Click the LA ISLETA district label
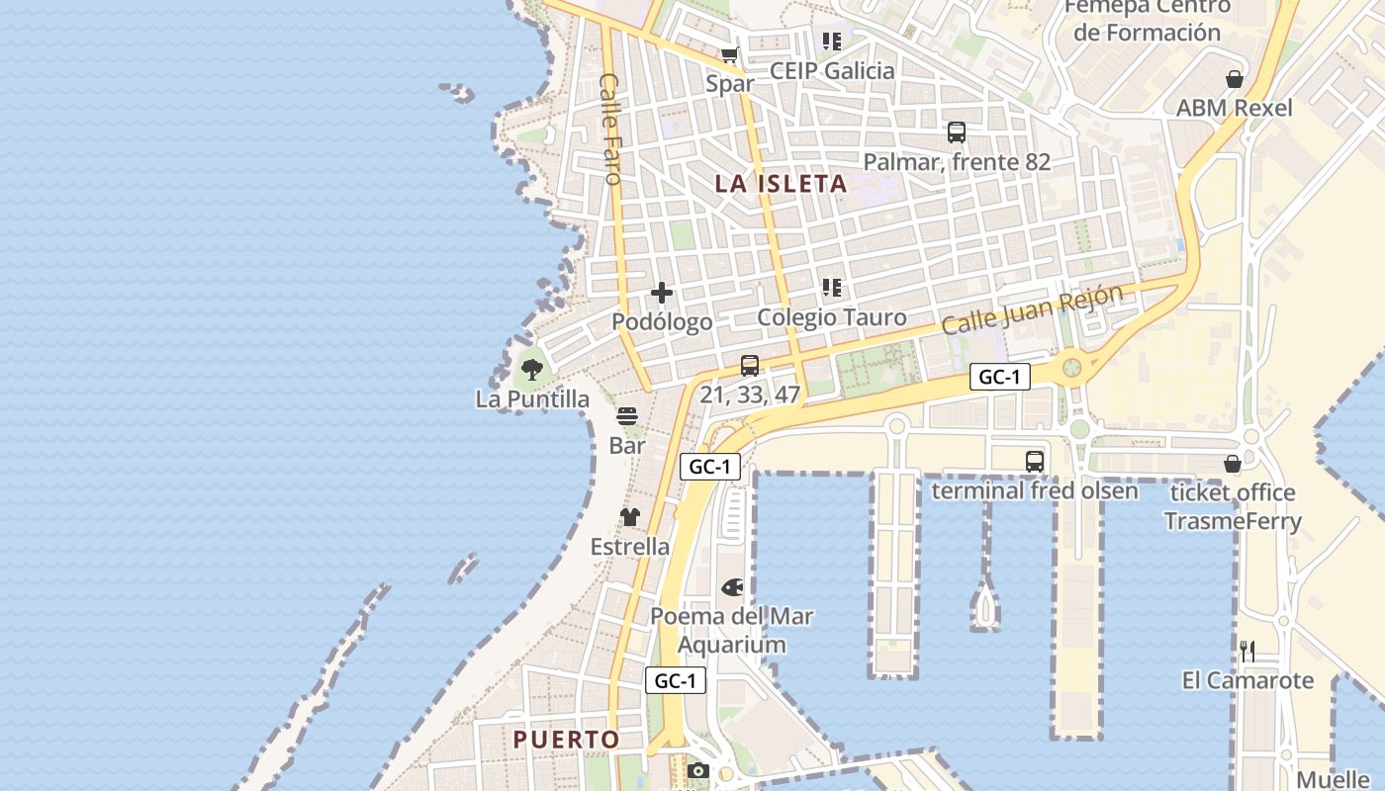tap(781, 184)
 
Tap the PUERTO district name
tap(566, 740)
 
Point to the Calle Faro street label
tap(609, 129)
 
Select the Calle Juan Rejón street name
tap(1032, 309)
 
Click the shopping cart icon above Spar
tap(730, 55)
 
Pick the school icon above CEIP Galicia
tap(831, 42)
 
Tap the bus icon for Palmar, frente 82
tap(956, 132)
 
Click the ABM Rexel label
tap(1234, 108)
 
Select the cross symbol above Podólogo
tap(662, 293)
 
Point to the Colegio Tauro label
tap(831, 317)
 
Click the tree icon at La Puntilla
tap(532, 371)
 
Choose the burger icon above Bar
tap(627, 416)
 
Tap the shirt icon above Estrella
tap(629, 517)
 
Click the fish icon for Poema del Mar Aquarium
tap(732, 587)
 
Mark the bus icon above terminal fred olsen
tap(1034, 461)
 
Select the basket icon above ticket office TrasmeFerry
tap(1233, 464)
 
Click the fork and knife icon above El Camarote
tap(1247, 651)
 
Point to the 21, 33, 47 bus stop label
tap(750, 394)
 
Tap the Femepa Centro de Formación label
tap(1148, 19)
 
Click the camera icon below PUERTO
tap(698, 770)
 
